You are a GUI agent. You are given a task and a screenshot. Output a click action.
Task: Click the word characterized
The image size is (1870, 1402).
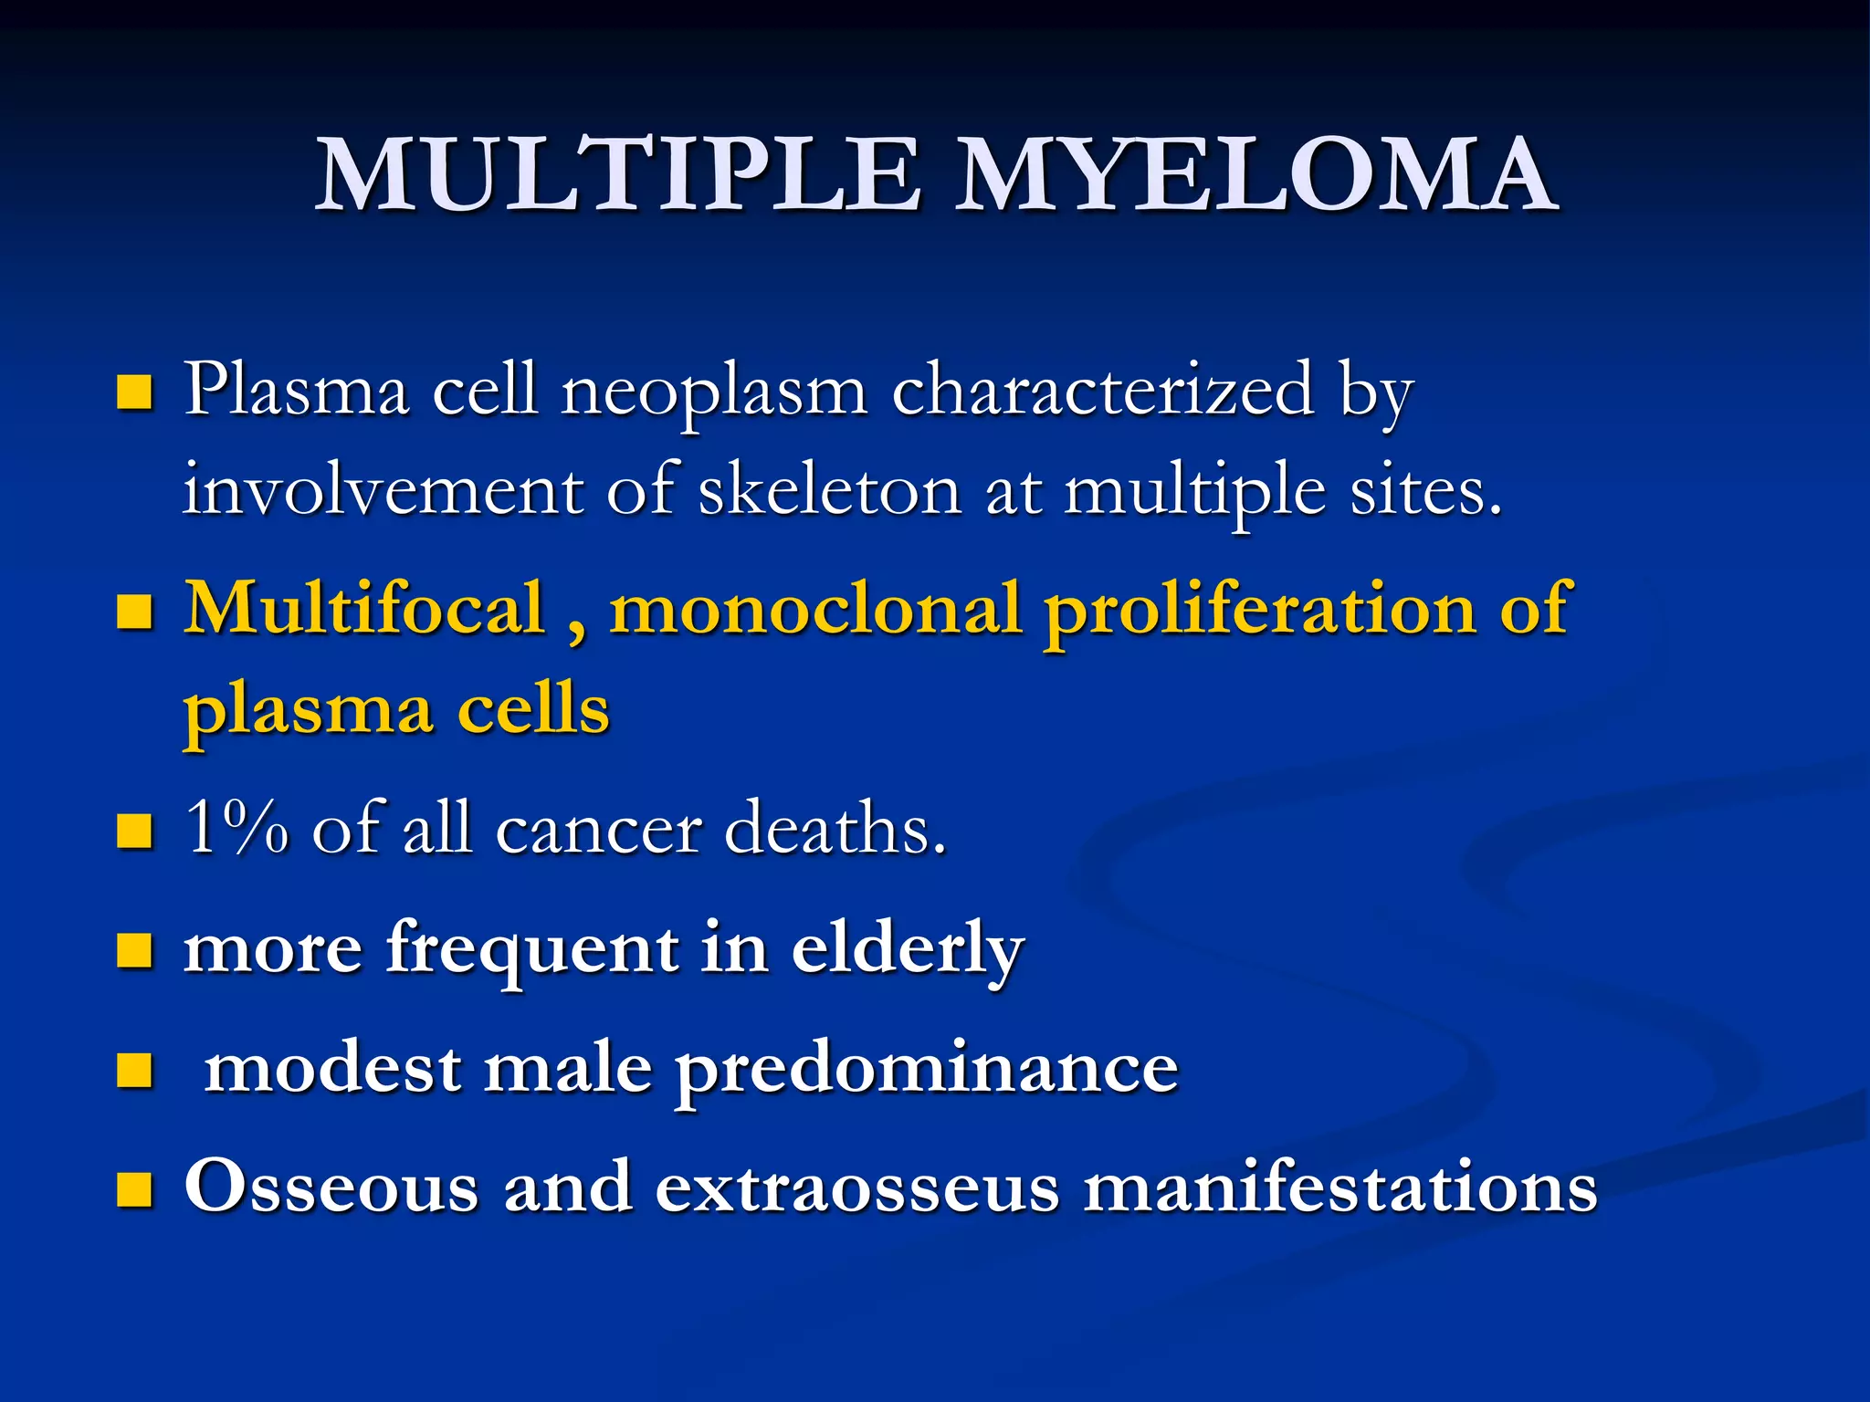tap(1102, 391)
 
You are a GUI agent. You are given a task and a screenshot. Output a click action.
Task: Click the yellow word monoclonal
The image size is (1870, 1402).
tap(814, 610)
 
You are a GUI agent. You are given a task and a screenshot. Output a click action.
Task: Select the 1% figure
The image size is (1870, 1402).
tap(236, 827)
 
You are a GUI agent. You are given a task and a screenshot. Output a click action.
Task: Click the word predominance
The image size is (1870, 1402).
tap(926, 1070)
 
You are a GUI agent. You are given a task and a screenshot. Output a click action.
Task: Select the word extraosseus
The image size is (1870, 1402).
tap(857, 1188)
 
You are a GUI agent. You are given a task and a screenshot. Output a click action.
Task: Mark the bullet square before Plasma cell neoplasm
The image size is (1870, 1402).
tap(134, 393)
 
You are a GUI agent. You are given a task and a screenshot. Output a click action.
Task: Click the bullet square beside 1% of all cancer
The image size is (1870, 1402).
tap(134, 831)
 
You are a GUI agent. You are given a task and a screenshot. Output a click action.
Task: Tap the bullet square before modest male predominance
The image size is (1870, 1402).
tap(134, 1070)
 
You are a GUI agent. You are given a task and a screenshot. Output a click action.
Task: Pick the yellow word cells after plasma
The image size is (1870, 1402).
tap(532, 710)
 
